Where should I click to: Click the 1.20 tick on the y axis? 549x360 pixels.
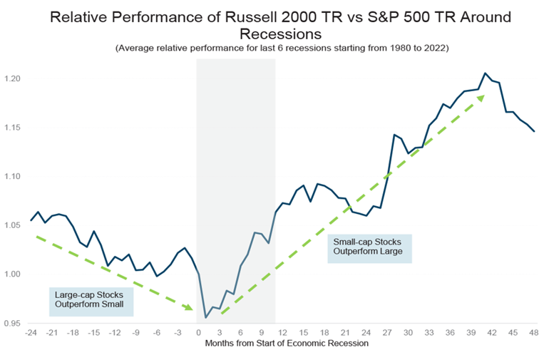tap(12, 78)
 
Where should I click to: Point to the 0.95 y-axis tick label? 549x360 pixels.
tap(12, 323)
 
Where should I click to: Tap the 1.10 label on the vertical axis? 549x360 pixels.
tap(12, 176)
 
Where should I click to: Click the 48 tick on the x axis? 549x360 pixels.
tap(534, 333)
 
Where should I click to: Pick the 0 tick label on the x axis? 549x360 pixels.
tap(198, 333)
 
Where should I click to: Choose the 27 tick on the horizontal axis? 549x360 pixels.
tap(387, 333)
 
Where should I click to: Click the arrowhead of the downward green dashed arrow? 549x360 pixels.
tap(190, 308)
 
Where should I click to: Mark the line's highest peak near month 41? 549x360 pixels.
tap(485, 73)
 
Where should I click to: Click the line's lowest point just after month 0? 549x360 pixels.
tap(205, 317)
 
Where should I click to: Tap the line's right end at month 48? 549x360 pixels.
tap(534, 131)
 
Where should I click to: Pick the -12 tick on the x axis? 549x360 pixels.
tap(114, 333)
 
